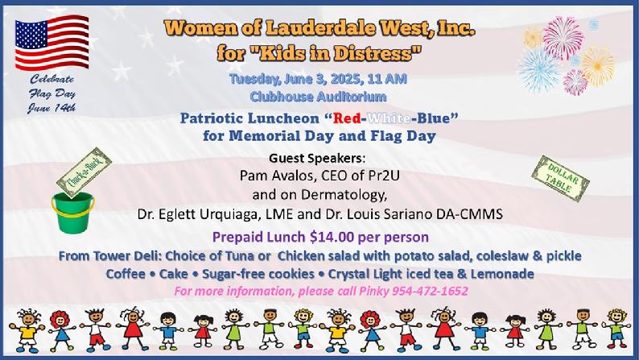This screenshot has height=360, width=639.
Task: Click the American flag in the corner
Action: [x=52, y=42]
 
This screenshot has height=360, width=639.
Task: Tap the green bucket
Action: [x=73, y=213]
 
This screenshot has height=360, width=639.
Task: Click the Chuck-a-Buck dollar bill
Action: [x=84, y=173]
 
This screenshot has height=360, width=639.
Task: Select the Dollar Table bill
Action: [x=560, y=179]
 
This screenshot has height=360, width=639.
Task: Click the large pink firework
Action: [x=563, y=39]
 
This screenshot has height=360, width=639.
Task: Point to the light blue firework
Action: [x=538, y=71]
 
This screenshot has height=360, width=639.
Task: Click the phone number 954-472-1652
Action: [x=430, y=291]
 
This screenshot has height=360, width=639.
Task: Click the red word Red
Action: [x=346, y=118]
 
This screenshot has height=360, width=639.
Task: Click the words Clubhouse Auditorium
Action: [x=318, y=97]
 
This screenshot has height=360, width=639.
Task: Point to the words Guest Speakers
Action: [x=317, y=158]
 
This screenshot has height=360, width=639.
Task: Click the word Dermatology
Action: [x=343, y=195]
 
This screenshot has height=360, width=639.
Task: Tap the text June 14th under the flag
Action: [x=52, y=108]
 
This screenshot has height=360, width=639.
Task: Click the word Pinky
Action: [x=373, y=292]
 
